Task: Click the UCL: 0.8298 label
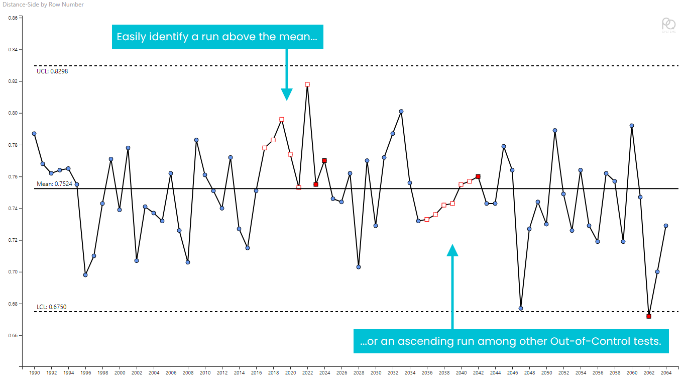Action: [x=52, y=71]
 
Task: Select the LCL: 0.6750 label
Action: [x=51, y=307]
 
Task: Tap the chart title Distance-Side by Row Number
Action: [x=42, y=5]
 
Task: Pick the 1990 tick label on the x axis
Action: [x=35, y=373]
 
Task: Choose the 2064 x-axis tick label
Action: [x=666, y=373]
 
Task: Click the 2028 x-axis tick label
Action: [x=359, y=373]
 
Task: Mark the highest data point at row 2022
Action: [x=307, y=84]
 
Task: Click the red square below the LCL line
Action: [x=649, y=316]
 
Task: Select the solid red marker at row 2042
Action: [x=478, y=176]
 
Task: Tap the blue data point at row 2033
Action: [x=401, y=112]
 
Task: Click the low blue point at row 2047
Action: [x=521, y=308]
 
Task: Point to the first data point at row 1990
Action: [x=34, y=134]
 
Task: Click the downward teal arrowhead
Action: [x=287, y=94]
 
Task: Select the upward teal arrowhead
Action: [x=452, y=250]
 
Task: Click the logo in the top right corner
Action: [x=668, y=25]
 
